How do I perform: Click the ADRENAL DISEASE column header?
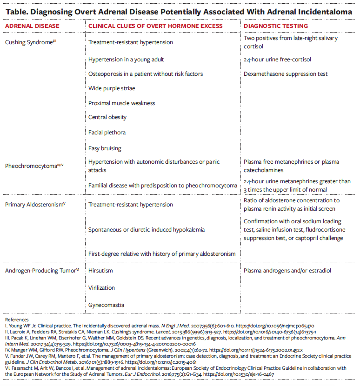(32, 26)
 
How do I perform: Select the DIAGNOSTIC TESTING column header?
(276, 26)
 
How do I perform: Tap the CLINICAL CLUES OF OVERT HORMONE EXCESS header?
(155, 26)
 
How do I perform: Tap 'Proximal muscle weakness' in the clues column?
(122, 103)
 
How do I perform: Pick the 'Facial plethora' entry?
(107, 133)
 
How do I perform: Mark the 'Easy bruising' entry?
(105, 148)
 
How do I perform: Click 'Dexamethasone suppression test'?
(286, 74)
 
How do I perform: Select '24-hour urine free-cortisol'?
(277, 60)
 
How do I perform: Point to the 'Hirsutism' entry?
(100, 271)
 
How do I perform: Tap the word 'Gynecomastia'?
(106, 305)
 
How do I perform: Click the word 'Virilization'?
(101, 288)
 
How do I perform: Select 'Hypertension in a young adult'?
(126, 60)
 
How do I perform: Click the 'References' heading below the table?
(17, 320)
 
